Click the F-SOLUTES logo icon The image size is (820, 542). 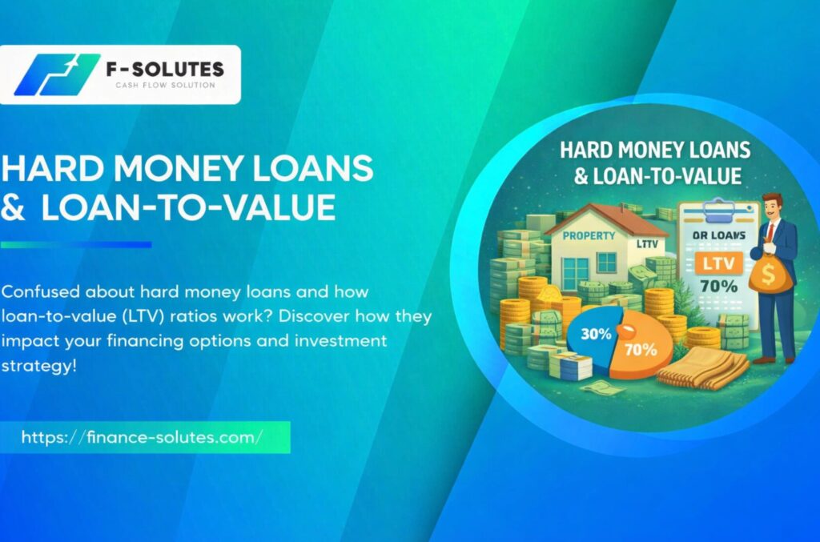pos(57,74)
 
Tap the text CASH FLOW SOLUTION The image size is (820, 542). pos(165,85)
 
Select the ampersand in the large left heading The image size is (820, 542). pos(13,207)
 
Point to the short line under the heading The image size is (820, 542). pos(76,245)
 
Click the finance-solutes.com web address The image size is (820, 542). pos(143,437)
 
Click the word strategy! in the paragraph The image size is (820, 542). pos(38,365)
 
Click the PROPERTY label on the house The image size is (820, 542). pos(589,235)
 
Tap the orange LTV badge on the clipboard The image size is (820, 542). pos(718,263)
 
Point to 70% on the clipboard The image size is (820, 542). pos(719,286)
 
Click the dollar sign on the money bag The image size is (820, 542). pos(768,274)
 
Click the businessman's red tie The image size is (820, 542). pos(770,235)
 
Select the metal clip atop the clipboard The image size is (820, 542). pos(718,210)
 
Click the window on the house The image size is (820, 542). pos(606,261)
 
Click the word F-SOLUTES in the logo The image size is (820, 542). pos(165,69)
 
